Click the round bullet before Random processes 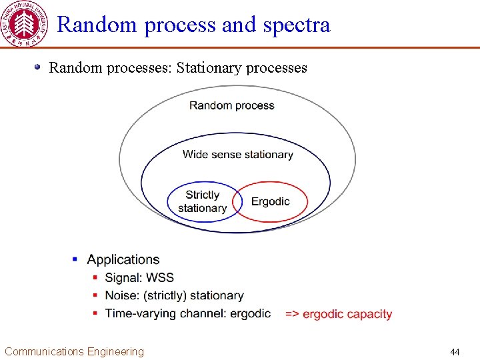click(39, 67)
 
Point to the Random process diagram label click(231, 105)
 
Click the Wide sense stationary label click(237, 154)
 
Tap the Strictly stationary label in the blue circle click(202, 201)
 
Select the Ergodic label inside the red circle click(270, 201)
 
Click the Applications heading click(123, 259)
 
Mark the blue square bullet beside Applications click(75, 259)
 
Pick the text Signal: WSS click(139, 277)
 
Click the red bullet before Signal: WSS click(96, 277)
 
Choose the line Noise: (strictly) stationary click(174, 295)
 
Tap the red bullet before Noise click(96, 295)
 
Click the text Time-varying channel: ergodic click(187, 313)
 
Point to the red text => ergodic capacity click(339, 314)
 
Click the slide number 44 click(455, 352)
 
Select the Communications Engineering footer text click(74, 351)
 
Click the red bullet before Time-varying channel click(96, 313)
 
